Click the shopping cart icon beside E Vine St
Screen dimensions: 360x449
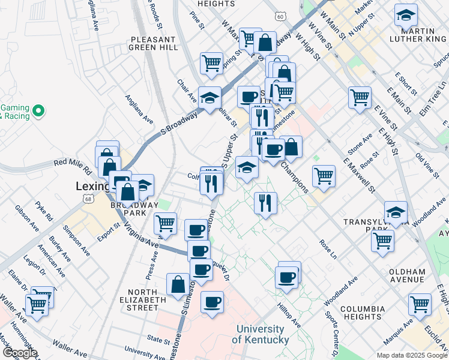click(360, 97)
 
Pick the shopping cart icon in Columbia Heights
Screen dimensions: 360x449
click(420, 304)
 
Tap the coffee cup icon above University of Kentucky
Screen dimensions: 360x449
click(212, 302)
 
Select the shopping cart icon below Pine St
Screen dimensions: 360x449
click(211, 63)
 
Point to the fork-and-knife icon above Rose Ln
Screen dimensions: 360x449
click(265, 202)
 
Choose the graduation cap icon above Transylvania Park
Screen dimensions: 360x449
click(396, 212)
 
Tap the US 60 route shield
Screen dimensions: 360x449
click(280, 17)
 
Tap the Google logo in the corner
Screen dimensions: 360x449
click(19, 353)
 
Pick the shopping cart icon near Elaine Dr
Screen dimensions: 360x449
click(37, 304)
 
